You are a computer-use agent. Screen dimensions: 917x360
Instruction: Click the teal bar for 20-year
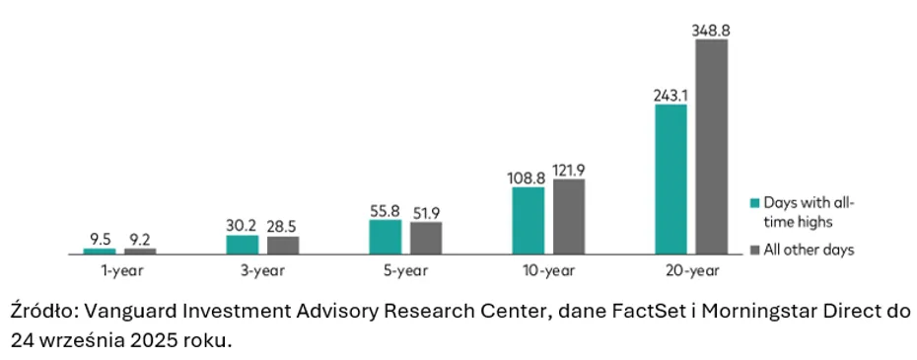click(670, 180)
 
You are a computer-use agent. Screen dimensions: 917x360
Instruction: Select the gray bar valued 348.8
click(711, 147)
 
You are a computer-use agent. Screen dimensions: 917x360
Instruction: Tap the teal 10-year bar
click(529, 221)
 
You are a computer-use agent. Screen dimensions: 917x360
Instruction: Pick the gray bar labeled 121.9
click(569, 217)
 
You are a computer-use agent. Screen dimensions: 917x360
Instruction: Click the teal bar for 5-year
click(386, 238)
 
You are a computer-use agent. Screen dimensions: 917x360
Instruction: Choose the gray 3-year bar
click(283, 246)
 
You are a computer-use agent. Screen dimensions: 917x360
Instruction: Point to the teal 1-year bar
click(100, 252)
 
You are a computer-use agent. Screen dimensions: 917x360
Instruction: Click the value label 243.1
click(670, 96)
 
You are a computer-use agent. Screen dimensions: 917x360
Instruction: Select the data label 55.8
click(386, 210)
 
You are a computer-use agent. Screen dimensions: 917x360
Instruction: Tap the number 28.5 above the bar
click(283, 227)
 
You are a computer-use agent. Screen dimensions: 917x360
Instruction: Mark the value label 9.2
click(140, 239)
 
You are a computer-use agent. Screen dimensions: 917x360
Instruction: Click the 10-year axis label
click(548, 271)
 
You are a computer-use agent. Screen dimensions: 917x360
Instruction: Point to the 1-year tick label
click(120, 271)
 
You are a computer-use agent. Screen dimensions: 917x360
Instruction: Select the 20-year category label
click(691, 271)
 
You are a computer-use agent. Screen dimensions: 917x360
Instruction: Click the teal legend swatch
click(755, 203)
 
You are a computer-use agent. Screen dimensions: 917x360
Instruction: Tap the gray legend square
click(755, 250)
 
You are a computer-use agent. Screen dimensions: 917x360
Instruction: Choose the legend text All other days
click(809, 250)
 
